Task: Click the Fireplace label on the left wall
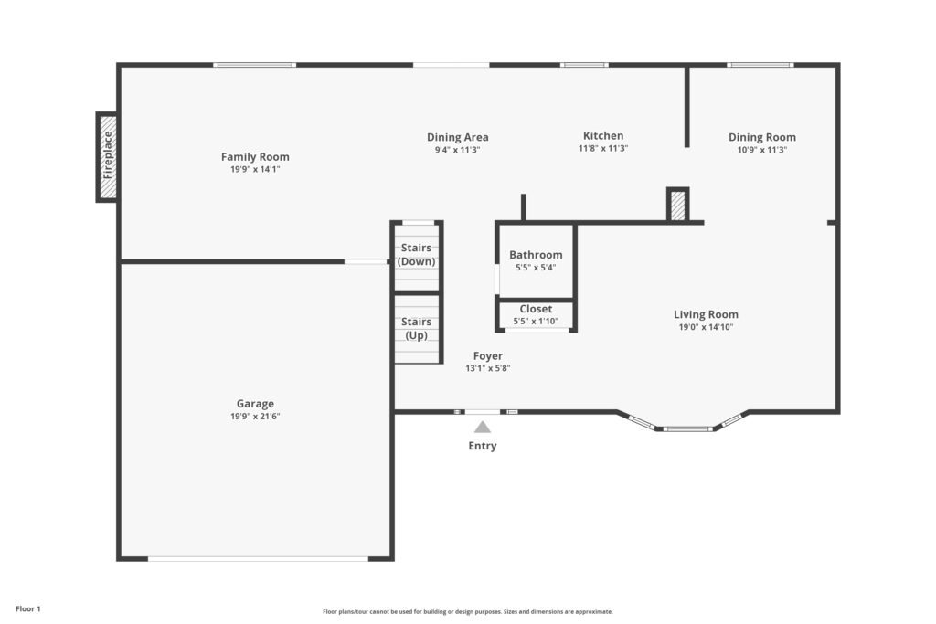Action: coord(108,155)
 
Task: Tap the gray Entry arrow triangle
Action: coord(483,428)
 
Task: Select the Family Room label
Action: coord(255,157)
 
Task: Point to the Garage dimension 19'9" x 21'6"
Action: coord(255,417)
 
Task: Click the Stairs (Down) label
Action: coord(416,255)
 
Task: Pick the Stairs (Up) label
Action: coord(416,329)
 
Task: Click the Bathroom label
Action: coord(536,255)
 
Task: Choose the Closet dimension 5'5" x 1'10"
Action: coord(536,321)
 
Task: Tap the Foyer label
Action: coord(488,356)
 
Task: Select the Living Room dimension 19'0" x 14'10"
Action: coord(706,327)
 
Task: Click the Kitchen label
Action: coord(603,135)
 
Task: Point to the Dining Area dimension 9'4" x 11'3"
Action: coord(457,150)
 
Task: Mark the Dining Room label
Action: coord(761,137)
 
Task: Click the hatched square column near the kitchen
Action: coord(677,206)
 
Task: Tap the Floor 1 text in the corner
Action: coord(28,609)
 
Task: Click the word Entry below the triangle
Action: coord(483,446)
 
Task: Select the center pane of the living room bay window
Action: coord(687,428)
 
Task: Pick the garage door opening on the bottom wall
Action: coord(258,559)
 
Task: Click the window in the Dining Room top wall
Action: coord(760,65)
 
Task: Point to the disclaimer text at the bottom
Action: coord(467,611)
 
